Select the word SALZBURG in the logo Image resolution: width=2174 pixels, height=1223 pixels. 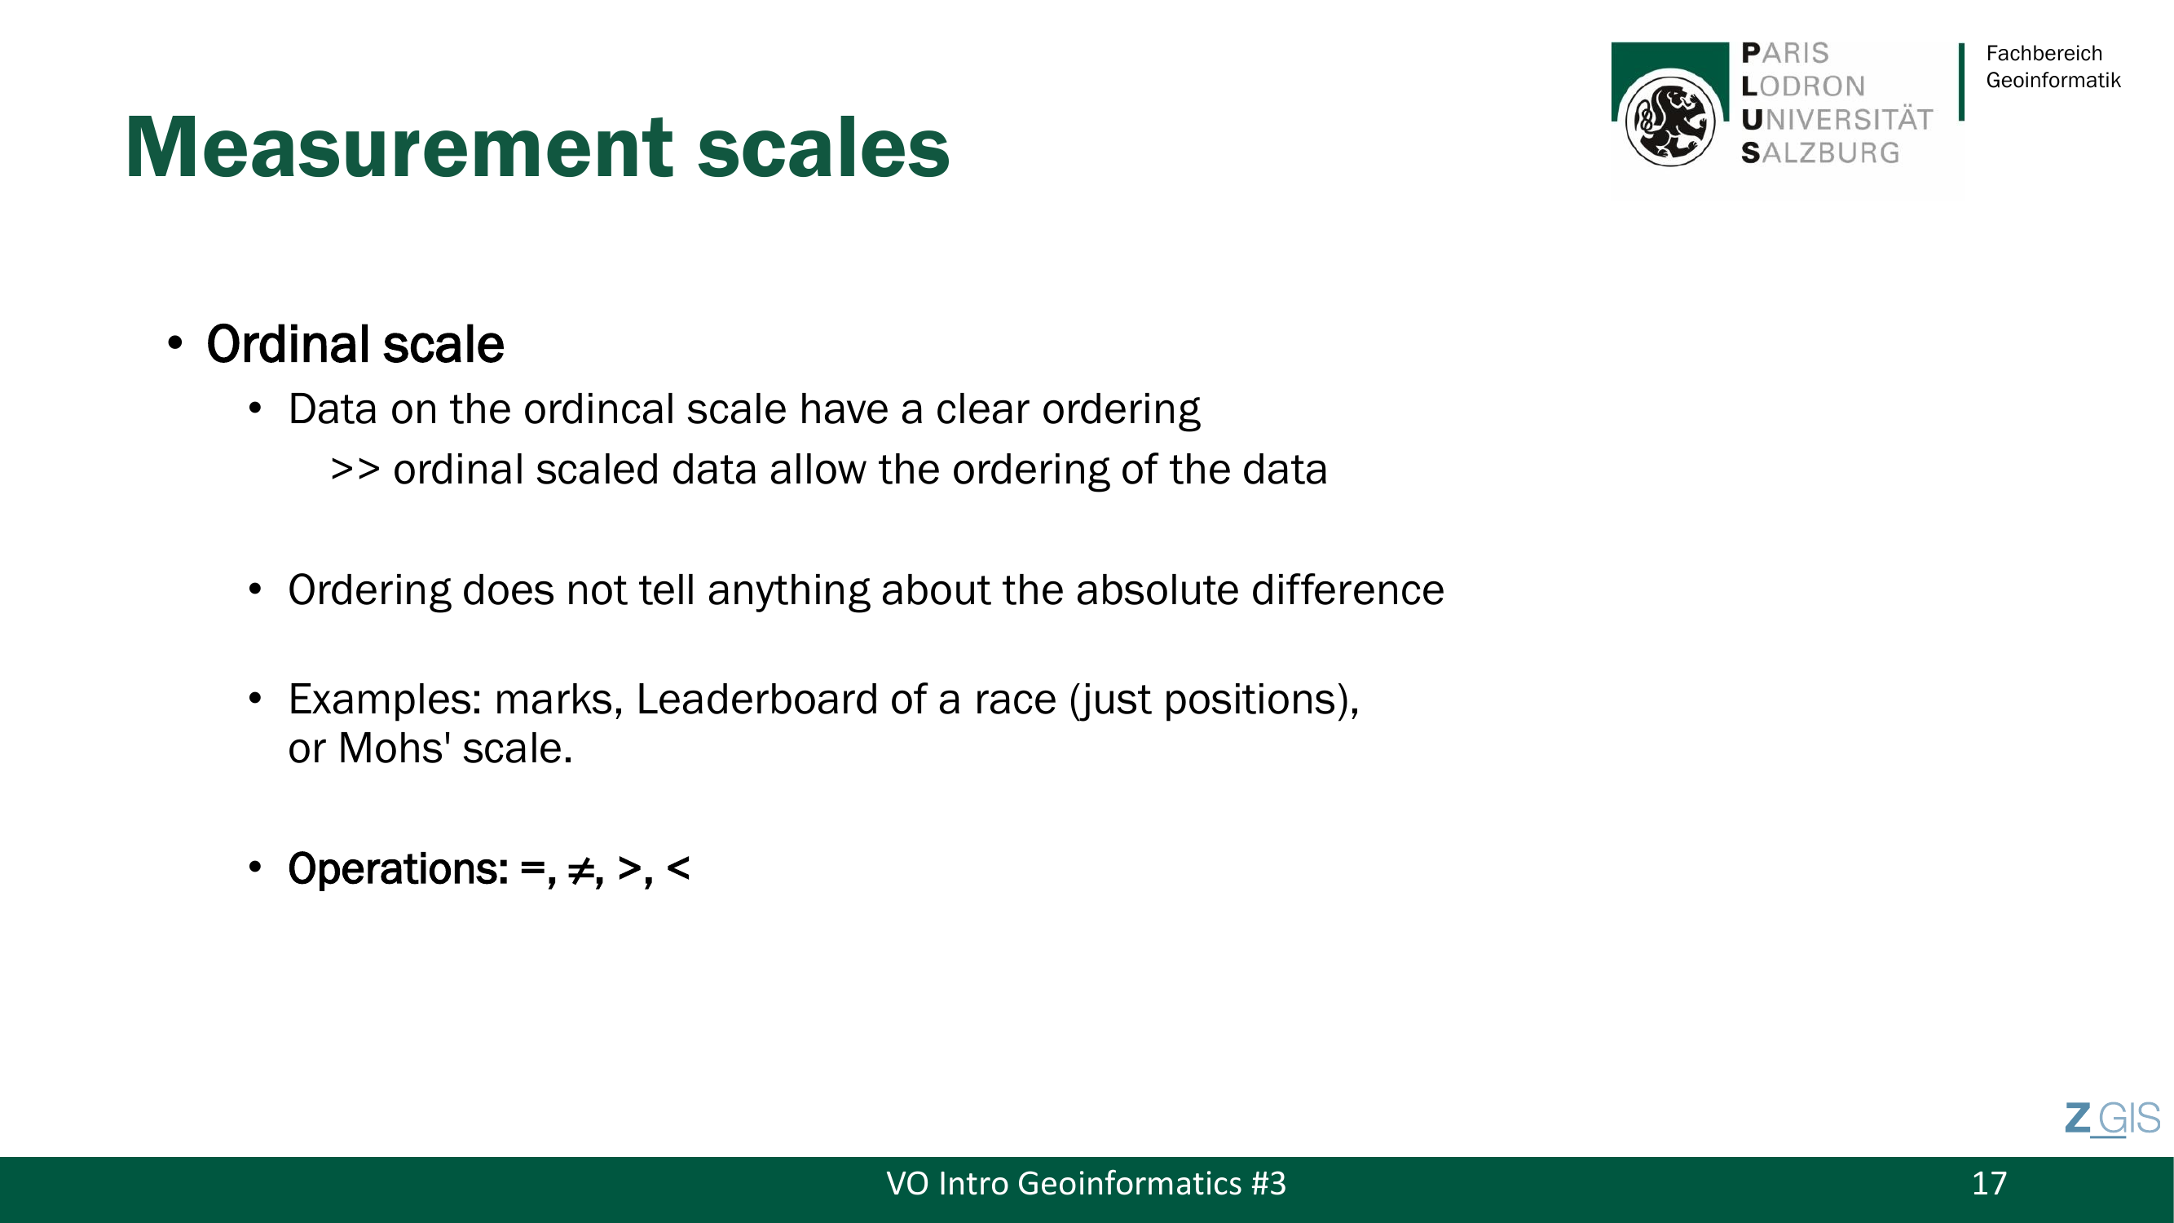click(1819, 153)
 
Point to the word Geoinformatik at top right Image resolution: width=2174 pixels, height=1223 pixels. click(2053, 80)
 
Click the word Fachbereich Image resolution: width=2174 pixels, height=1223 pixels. click(2044, 53)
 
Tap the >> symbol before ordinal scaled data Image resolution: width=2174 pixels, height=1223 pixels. click(355, 470)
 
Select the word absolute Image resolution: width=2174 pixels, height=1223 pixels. click(1157, 589)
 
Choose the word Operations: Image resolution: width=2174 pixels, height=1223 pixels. click(399, 869)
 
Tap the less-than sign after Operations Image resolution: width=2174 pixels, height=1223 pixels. click(677, 868)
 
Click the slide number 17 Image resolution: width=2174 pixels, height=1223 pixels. click(1988, 1183)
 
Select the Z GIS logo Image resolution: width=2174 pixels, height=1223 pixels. click(2112, 1119)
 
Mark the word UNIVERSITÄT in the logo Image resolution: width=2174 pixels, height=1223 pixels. click(1837, 120)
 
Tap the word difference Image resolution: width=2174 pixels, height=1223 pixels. click(1347, 589)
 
